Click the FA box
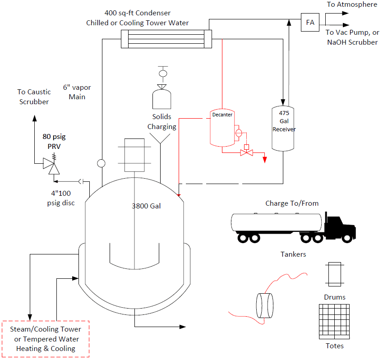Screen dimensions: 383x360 click(310, 22)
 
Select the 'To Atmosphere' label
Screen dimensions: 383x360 click(352, 5)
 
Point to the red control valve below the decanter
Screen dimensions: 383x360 click(247, 153)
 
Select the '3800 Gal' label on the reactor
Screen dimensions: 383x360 click(146, 206)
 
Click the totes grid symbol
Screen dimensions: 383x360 click(334, 322)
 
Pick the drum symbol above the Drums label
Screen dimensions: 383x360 click(335, 274)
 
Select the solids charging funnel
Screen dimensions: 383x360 click(160, 138)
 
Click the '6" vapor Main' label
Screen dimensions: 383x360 click(77, 92)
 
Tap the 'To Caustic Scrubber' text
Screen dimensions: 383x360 click(34, 97)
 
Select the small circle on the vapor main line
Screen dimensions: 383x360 click(101, 163)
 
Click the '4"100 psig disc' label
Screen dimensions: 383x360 click(61, 198)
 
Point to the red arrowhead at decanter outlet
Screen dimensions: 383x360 click(264, 160)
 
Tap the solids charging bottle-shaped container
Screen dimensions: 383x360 click(162, 99)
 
